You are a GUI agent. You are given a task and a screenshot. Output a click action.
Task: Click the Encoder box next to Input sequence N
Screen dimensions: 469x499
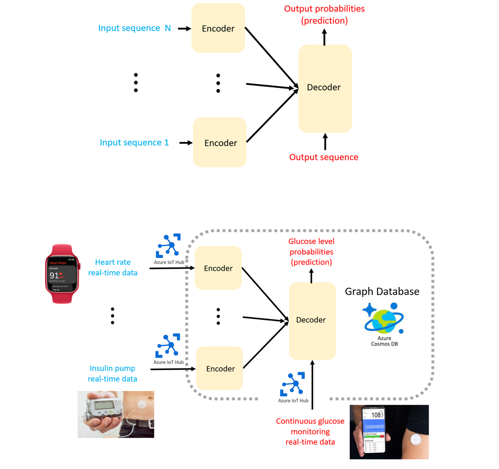point(218,28)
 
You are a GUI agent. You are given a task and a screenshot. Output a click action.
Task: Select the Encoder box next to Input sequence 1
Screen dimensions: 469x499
point(220,143)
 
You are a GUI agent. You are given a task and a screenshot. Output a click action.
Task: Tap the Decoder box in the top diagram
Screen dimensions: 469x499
point(325,88)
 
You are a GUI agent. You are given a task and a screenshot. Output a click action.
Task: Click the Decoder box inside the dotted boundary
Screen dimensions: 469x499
point(312,321)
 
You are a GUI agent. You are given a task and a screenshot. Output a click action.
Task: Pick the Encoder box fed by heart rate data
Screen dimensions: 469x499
point(218,268)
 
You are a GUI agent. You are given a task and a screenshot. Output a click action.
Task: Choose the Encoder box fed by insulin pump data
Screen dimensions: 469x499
point(220,369)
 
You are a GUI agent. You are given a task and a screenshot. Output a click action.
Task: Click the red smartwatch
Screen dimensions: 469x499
point(62,274)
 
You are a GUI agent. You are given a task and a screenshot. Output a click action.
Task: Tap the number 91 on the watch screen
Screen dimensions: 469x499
point(54,276)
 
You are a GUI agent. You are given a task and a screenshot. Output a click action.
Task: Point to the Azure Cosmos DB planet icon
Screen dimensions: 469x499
point(384,319)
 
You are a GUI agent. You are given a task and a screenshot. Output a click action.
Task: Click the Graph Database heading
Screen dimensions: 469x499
point(382,291)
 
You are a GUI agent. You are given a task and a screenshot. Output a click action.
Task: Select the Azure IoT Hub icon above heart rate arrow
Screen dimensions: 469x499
point(169,246)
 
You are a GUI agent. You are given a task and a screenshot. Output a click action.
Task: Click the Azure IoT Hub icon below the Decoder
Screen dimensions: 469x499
point(293,384)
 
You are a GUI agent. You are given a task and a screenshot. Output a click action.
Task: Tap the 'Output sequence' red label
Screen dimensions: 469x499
point(323,157)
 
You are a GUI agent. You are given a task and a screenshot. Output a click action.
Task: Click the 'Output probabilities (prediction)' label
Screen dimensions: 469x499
point(324,15)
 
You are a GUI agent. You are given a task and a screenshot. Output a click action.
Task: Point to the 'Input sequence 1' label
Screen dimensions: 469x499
point(134,143)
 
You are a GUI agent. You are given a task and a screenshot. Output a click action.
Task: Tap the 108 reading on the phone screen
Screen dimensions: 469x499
point(376,415)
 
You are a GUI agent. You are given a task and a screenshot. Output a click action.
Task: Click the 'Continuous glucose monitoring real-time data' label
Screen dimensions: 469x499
point(310,431)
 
